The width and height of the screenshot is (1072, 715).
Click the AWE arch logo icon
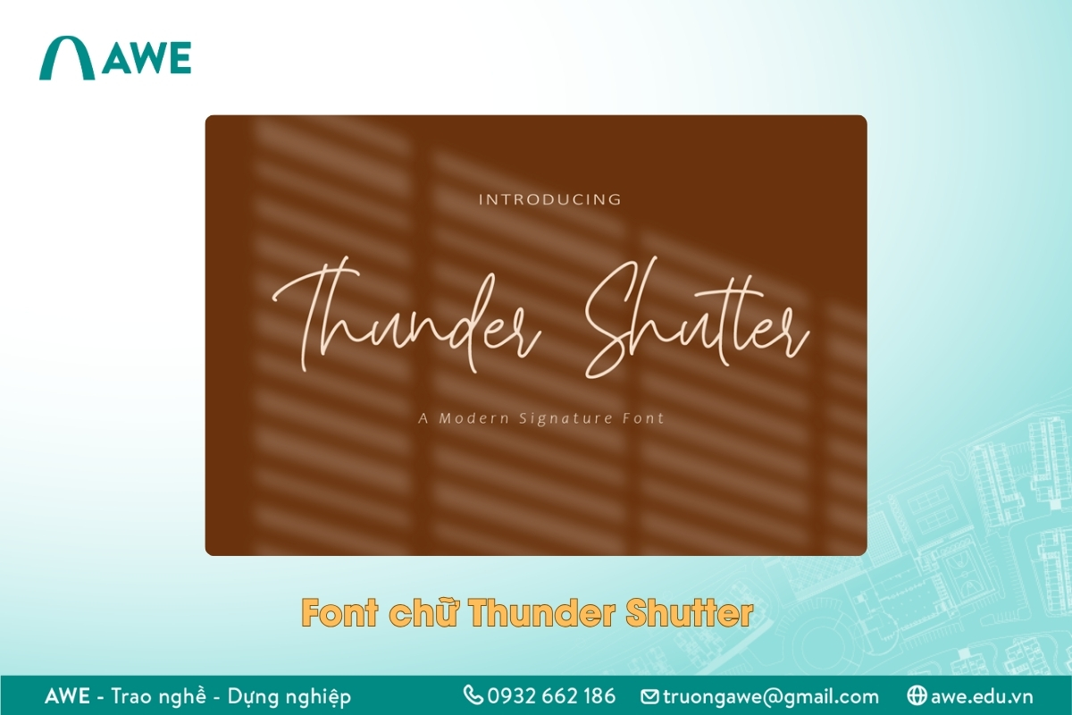coord(67,58)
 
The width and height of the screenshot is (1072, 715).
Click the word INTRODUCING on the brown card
coord(549,199)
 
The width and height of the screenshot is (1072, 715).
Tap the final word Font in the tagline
coord(642,418)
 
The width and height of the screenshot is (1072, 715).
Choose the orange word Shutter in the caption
coord(688,613)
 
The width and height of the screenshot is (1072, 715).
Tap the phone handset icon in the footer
coord(473,695)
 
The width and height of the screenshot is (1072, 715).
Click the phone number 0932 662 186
coord(551,696)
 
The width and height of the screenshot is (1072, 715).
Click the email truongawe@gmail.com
coord(771,696)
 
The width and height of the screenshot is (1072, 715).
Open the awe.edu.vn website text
coord(981,696)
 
